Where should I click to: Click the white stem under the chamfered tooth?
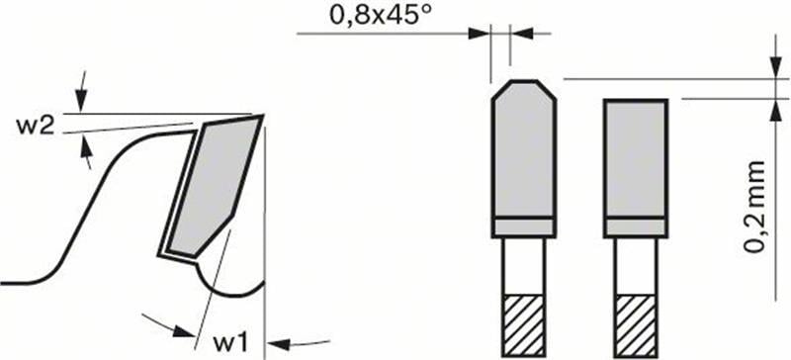(523, 267)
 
